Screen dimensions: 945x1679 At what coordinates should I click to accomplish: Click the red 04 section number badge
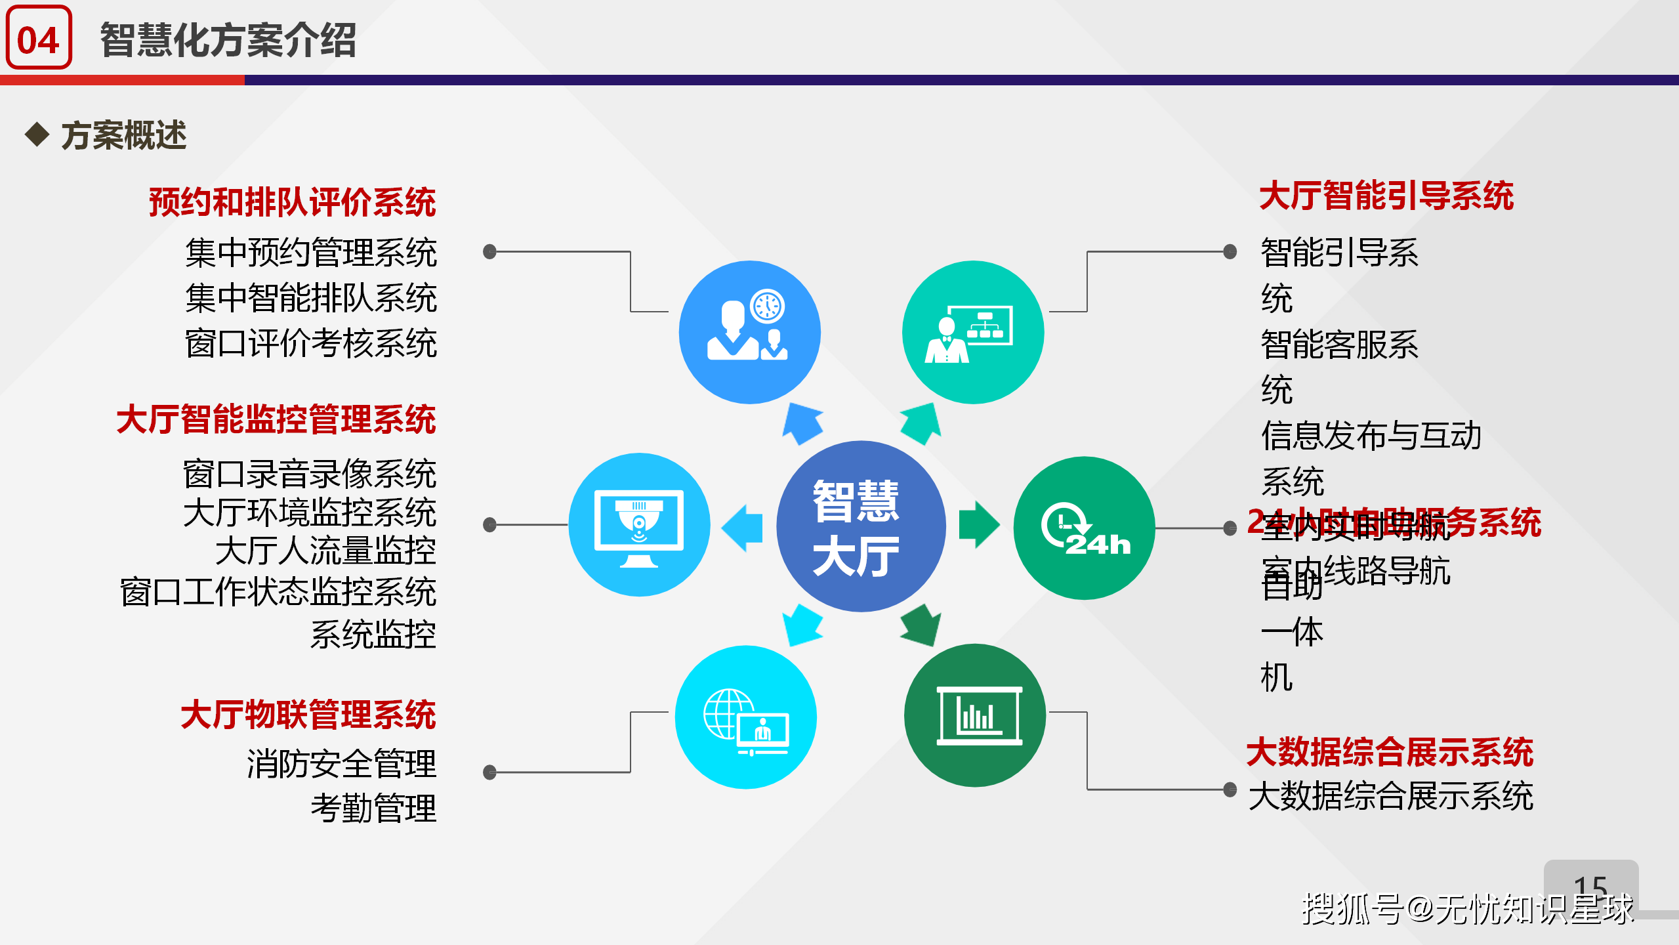tap(39, 38)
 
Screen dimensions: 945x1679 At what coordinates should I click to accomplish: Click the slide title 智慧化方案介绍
tap(228, 40)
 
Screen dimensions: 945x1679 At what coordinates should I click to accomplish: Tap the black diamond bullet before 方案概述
tap(37, 135)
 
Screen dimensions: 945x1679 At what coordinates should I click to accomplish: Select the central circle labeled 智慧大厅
tap(860, 526)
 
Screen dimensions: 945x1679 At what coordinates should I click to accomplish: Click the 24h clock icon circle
tap(1084, 528)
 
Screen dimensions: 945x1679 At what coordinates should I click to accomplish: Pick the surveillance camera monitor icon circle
tap(639, 525)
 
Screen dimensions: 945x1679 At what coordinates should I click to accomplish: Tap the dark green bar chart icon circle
tap(975, 715)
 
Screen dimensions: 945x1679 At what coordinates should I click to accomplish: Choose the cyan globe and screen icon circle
tap(746, 717)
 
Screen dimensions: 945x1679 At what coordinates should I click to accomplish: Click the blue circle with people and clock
tap(749, 332)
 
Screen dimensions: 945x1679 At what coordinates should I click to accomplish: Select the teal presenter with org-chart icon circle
tap(973, 332)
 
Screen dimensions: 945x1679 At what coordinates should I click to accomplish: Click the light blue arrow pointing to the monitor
tap(743, 528)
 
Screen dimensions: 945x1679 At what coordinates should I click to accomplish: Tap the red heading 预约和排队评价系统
tap(292, 201)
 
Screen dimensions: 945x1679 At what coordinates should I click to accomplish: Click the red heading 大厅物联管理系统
tap(308, 715)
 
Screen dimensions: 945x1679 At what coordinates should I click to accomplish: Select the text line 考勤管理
tap(373, 808)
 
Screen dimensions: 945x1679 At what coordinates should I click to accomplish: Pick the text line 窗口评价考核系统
tap(311, 343)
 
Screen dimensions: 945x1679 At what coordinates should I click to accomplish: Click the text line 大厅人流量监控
tap(325, 551)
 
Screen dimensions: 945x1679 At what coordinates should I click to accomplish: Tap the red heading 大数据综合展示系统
tap(1389, 752)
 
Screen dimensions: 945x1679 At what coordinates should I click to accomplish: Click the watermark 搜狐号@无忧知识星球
tap(1467, 909)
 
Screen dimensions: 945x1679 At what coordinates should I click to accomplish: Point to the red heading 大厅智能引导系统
tap(1386, 196)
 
